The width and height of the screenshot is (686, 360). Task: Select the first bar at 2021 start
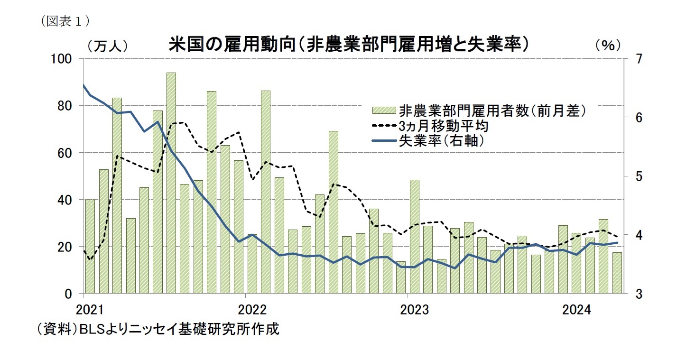click(90, 247)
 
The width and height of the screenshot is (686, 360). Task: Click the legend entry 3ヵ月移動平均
click(444, 126)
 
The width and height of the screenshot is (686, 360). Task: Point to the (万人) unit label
click(107, 45)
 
